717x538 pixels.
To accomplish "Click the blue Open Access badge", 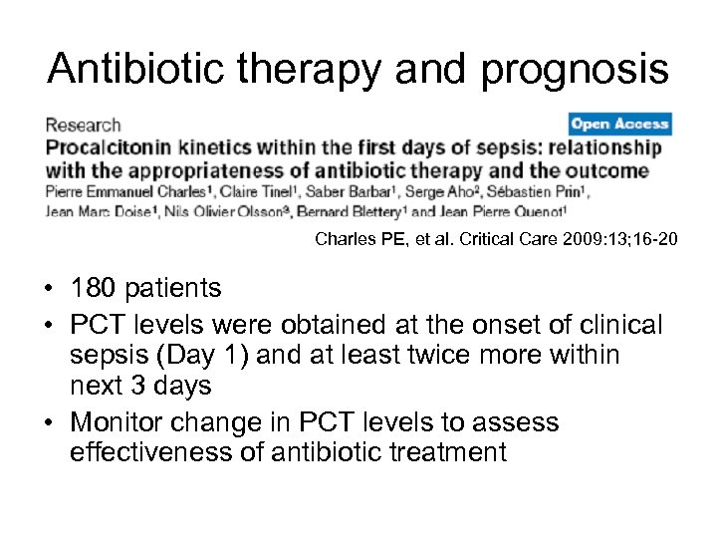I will (x=620, y=125).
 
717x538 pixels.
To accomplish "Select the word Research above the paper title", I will (x=82, y=126).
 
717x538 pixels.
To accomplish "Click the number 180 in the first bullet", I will (x=93, y=289).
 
